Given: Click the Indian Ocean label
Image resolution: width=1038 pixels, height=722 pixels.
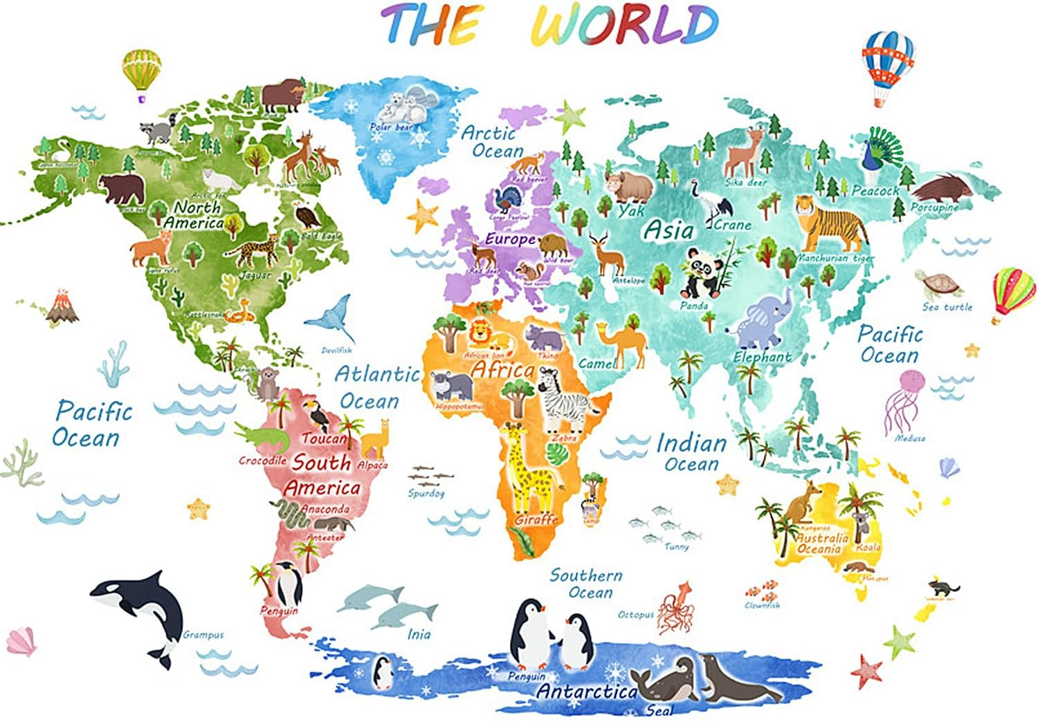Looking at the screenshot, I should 691,453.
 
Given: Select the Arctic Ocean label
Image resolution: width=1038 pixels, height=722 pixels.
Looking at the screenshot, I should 493,142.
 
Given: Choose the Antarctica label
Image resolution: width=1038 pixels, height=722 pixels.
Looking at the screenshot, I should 587,691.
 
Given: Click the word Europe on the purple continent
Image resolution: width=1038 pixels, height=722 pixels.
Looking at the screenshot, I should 510,239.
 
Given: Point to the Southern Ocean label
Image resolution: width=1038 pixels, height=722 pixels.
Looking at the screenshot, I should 586,584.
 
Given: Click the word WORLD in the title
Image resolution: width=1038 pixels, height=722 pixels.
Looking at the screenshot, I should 626,26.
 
